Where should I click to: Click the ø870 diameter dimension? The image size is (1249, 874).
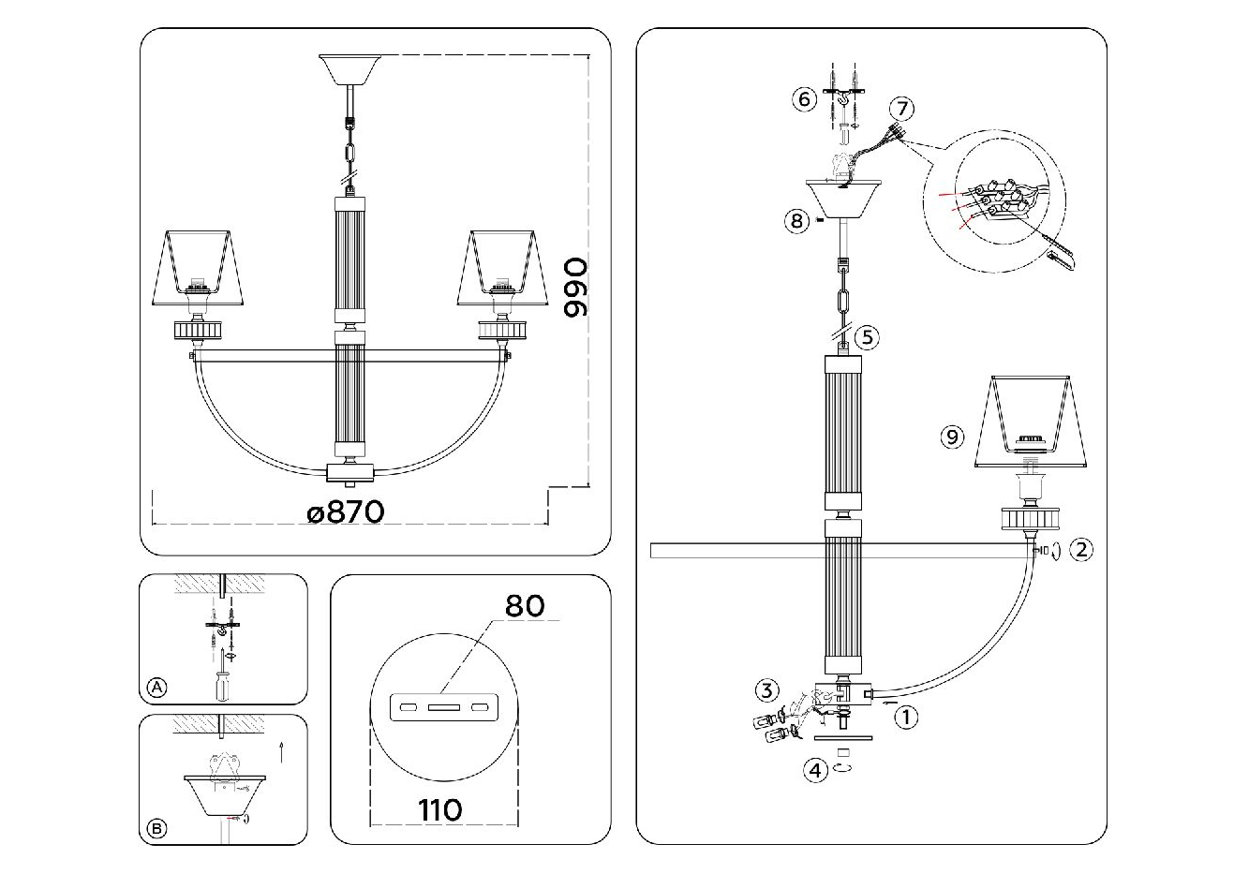tap(345, 511)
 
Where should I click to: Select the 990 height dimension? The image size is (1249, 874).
tap(578, 287)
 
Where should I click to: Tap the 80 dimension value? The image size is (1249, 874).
tap(525, 606)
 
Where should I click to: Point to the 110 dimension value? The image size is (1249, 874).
tap(440, 808)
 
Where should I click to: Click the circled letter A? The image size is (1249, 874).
tap(157, 689)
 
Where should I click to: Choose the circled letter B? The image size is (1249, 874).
tap(157, 828)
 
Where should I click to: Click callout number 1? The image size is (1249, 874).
tap(905, 718)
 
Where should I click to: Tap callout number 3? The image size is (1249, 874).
tap(766, 691)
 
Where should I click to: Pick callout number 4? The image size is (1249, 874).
tap(816, 770)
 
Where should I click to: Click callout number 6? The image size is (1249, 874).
tap(803, 98)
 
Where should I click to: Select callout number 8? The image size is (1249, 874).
tap(796, 221)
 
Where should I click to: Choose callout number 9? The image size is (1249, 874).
tap(952, 436)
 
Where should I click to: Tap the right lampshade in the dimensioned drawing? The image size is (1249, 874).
tap(502, 268)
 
